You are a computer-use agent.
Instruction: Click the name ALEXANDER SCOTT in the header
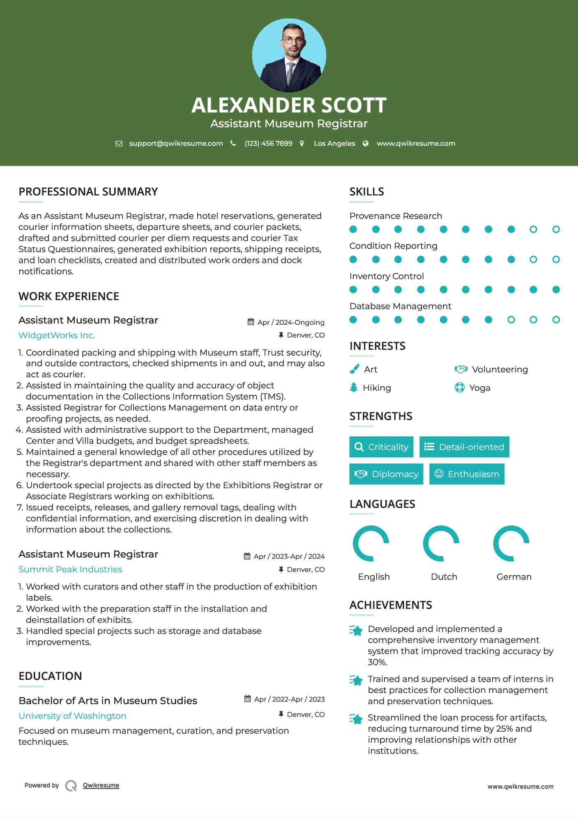click(289, 105)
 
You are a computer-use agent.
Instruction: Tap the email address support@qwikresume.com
click(176, 143)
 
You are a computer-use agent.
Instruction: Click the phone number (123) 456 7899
click(268, 143)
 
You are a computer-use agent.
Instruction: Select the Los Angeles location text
click(334, 143)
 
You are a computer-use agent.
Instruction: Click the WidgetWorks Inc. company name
click(57, 335)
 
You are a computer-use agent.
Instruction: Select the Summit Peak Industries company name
click(70, 569)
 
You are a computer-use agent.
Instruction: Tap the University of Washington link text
click(72, 716)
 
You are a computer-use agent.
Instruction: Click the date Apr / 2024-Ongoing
click(290, 322)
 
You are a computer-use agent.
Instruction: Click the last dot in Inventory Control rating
click(556, 290)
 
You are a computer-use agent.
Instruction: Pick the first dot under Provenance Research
click(353, 229)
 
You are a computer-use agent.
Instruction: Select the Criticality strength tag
click(381, 447)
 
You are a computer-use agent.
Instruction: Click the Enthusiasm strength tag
click(467, 474)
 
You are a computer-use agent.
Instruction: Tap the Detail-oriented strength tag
click(464, 447)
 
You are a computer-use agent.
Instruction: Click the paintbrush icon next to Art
click(354, 369)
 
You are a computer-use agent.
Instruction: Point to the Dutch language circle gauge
click(441, 543)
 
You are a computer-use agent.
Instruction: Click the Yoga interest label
click(479, 388)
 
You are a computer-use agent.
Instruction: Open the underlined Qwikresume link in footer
click(101, 785)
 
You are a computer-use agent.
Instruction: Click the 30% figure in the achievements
click(377, 662)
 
